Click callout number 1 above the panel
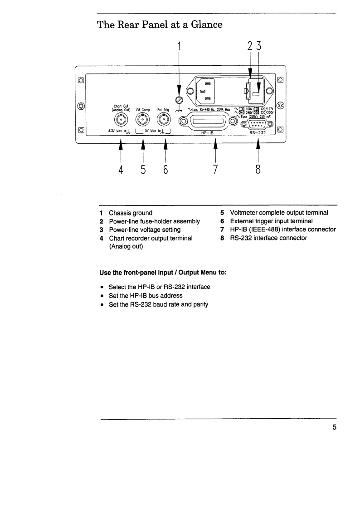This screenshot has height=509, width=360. pyautogui.click(x=179, y=46)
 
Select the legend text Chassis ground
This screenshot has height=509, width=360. pyautogui.click(x=131, y=213)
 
